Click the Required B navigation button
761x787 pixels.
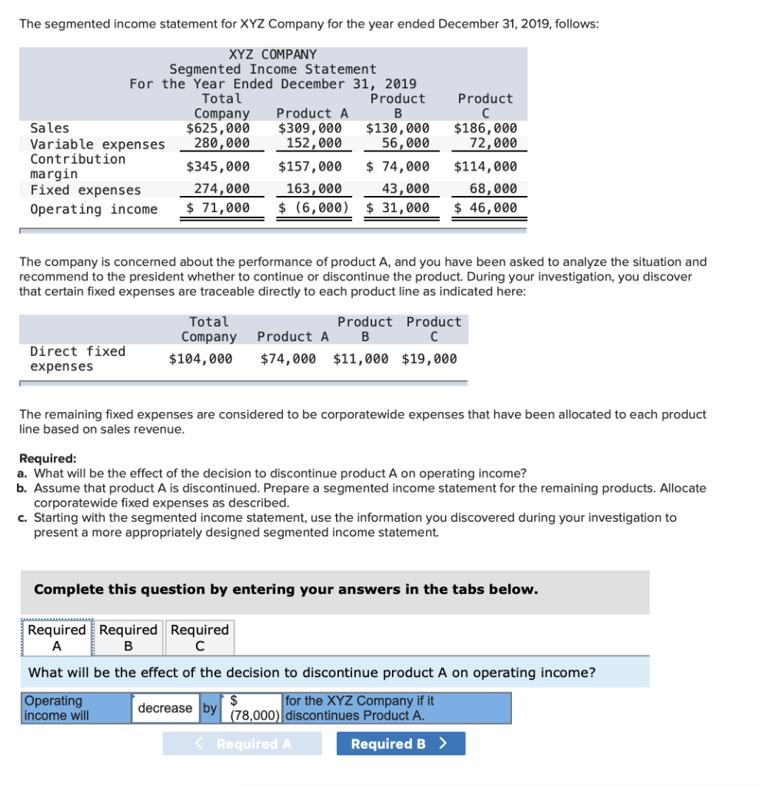coord(400,743)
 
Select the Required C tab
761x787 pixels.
coord(200,637)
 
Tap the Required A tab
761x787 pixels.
coord(56,637)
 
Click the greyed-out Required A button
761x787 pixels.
coord(242,743)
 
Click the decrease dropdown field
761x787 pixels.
coord(165,708)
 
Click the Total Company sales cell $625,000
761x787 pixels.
coord(218,128)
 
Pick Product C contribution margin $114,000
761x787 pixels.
coord(485,167)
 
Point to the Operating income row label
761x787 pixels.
coord(94,209)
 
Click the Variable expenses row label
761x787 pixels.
coord(97,144)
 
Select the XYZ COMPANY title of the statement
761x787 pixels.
coord(272,55)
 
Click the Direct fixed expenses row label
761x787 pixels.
coord(77,358)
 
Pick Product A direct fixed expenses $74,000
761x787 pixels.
coord(287,358)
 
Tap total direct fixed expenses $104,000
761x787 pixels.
coord(201,358)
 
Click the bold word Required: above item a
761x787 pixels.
coord(48,459)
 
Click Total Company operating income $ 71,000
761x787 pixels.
coord(218,208)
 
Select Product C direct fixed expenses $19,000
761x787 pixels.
coord(429,358)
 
